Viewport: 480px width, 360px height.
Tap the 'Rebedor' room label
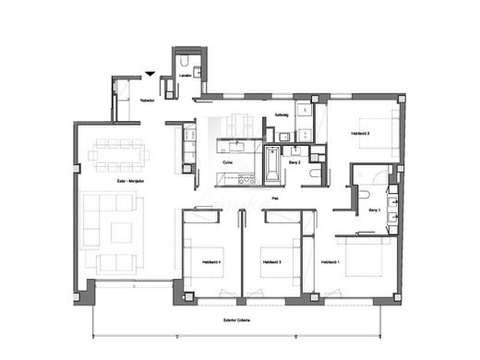tap(147, 101)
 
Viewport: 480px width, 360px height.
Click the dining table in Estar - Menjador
tap(118, 150)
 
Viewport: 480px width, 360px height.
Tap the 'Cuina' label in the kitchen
tap(228, 162)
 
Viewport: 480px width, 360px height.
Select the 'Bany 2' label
tap(294, 162)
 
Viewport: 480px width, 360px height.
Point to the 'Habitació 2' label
tap(360, 134)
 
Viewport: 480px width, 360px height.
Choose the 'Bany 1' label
tap(374, 210)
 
